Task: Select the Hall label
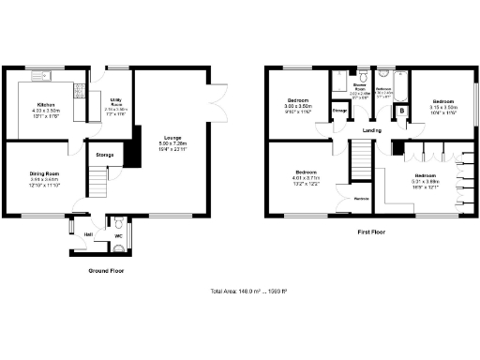point(88,233)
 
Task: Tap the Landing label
point(371,130)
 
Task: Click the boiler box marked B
point(402,112)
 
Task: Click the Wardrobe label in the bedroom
point(361,199)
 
